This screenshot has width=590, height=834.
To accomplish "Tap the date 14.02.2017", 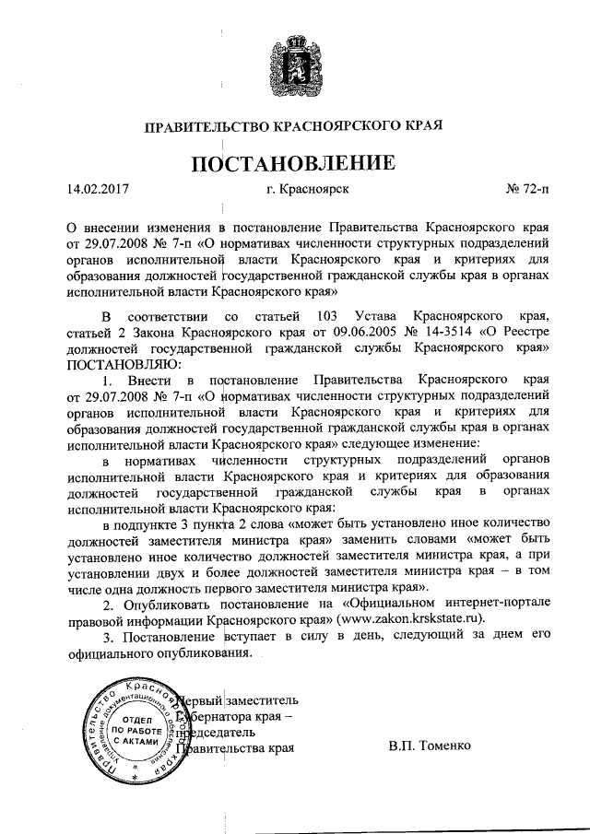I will click(x=98, y=191).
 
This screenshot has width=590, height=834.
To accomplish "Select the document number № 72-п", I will click(x=525, y=191).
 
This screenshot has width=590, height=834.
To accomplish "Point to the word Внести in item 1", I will click(x=149, y=380).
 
